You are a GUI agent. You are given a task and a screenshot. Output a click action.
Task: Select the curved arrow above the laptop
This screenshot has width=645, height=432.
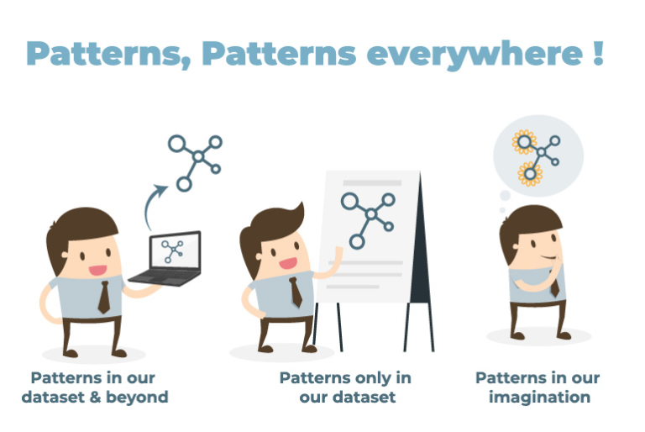click(155, 203)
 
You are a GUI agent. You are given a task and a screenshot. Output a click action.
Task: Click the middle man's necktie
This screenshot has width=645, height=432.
click(296, 292)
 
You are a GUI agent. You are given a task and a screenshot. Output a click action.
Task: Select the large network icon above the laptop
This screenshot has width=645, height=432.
click(196, 159)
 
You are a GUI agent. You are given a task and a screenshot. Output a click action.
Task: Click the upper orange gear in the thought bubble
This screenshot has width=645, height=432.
click(524, 141)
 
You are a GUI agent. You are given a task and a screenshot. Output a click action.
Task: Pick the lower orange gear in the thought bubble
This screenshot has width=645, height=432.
click(529, 173)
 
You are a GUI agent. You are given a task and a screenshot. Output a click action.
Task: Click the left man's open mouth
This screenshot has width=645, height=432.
click(97, 271)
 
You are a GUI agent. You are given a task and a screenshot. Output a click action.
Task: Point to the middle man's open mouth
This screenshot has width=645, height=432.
click(288, 262)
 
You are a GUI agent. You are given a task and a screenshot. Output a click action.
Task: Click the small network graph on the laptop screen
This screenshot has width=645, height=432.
click(173, 249)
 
